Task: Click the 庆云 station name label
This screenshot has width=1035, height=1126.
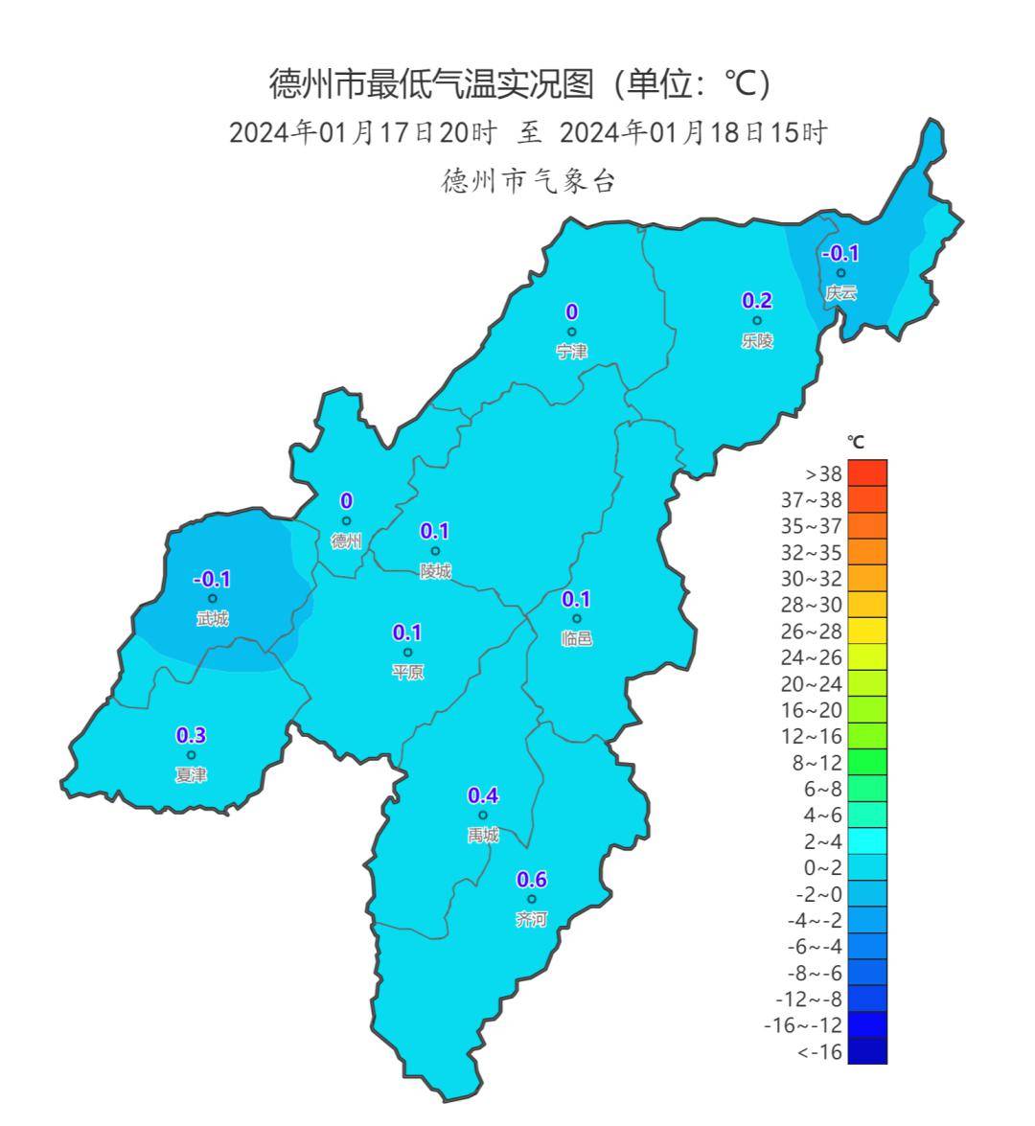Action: [840, 293]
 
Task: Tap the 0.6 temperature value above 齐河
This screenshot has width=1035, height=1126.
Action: [532, 880]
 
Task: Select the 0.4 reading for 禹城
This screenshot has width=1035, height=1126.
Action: [483, 795]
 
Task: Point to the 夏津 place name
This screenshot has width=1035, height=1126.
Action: [191, 775]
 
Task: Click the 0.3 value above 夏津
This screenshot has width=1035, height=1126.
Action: [191, 736]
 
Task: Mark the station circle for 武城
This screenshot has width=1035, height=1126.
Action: [213, 599]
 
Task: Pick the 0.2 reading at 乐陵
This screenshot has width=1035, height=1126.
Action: [757, 301]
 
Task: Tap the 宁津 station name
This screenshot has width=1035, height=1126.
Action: [571, 352]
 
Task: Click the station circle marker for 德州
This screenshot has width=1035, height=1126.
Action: [347, 521]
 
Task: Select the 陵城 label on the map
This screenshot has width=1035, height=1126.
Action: [435, 571]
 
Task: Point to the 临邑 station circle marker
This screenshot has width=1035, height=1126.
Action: [576, 619]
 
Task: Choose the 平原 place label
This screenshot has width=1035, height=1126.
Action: [407, 672]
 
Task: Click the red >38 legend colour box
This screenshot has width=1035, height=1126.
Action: [867, 473]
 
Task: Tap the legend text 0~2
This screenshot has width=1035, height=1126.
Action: [823, 867]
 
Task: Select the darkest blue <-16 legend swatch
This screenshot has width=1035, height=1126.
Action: [867, 1051]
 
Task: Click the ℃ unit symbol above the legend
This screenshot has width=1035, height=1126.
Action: [856, 443]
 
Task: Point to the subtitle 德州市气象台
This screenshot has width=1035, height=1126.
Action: [528, 180]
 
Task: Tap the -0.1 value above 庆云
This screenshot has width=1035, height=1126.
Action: [840, 254]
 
